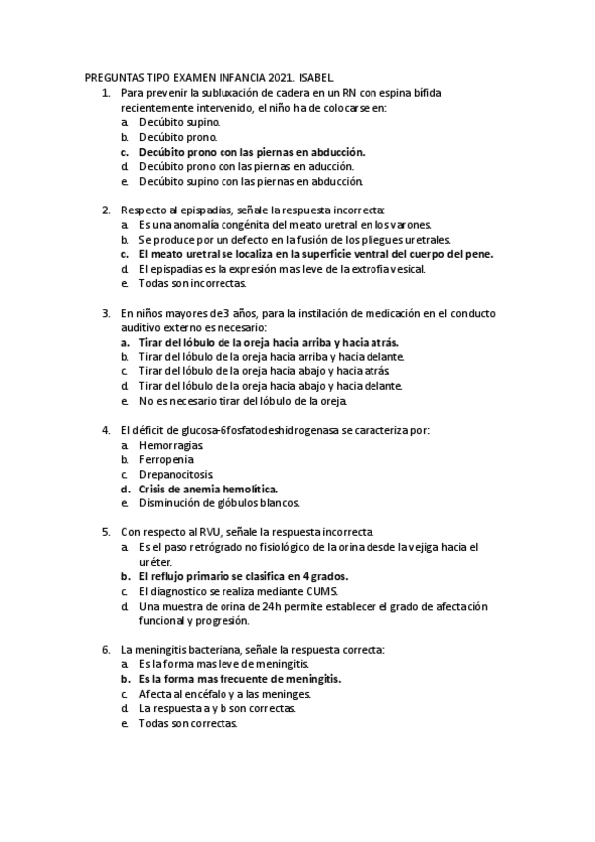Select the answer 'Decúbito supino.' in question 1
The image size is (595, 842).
179,122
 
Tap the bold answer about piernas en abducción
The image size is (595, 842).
252,152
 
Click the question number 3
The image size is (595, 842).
105,313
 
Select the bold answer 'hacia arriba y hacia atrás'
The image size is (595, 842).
269,342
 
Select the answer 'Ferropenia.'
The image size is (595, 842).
167,460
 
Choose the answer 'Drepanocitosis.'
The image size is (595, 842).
176,474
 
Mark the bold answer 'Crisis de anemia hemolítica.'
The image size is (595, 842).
209,489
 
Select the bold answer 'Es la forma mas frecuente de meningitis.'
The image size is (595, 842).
239,679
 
